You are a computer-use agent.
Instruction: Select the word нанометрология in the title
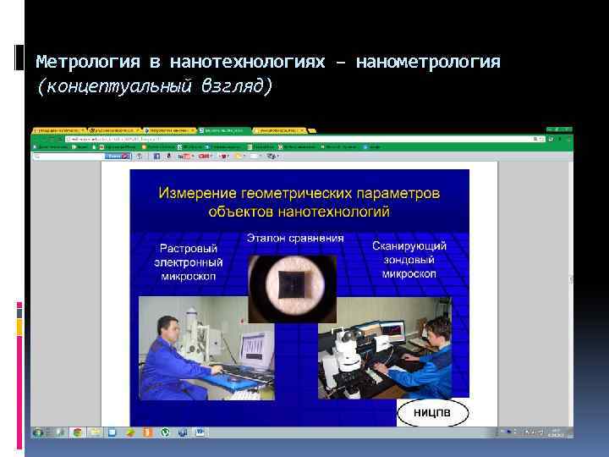coord(428,63)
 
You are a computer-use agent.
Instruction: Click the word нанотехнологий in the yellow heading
coord(334,211)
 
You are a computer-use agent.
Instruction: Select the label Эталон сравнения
coord(295,238)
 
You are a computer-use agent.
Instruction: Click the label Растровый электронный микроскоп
coord(186,262)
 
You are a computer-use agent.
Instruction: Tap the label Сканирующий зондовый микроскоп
coord(409,260)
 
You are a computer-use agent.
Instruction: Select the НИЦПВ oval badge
coord(433,411)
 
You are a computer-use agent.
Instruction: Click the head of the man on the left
coord(168,326)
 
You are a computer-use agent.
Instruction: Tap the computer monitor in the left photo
coord(256,350)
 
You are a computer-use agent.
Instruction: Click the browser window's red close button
coord(568,129)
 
